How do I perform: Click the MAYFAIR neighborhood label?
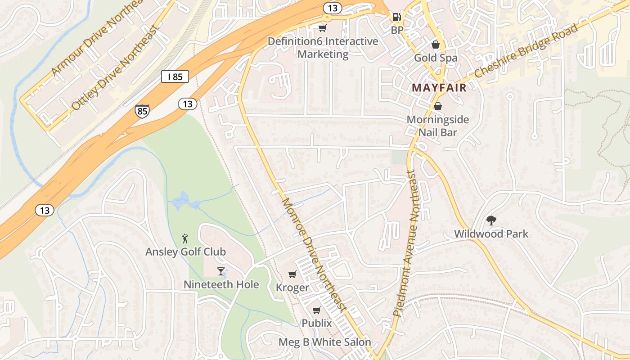click(x=439, y=88)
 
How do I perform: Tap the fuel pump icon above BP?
click(x=396, y=17)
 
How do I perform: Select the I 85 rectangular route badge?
click(x=175, y=76)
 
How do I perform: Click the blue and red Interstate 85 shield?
click(x=142, y=110)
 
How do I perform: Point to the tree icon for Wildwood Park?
click(x=491, y=220)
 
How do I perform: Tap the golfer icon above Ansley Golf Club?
click(x=185, y=238)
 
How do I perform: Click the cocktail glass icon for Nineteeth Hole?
click(x=221, y=271)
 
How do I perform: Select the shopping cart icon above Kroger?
click(x=292, y=274)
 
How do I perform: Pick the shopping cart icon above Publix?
click(x=317, y=310)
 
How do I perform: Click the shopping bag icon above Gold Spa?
click(x=436, y=44)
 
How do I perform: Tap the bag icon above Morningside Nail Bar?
click(x=437, y=106)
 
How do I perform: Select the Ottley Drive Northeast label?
click(x=116, y=67)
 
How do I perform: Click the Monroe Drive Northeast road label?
click(x=314, y=254)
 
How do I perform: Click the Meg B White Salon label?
click(x=324, y=342)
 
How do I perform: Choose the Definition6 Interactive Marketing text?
click(x=323, y=48)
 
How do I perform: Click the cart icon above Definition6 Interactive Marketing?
click(x=322, y=28)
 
